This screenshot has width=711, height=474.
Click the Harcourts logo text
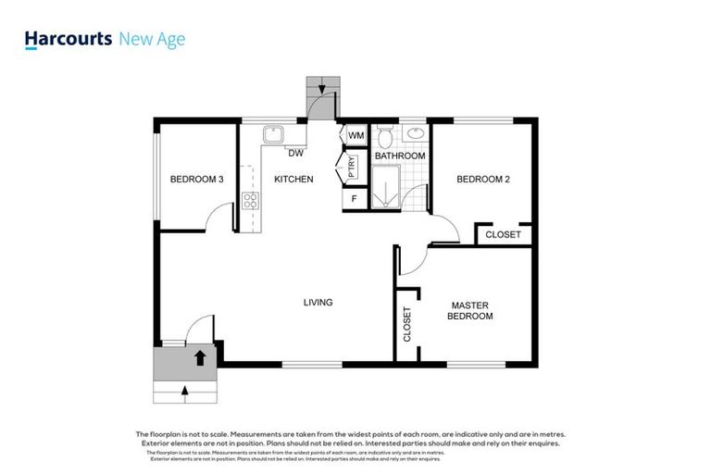69,39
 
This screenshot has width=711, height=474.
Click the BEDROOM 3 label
197,180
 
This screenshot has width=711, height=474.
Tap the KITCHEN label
293,180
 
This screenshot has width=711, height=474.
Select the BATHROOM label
400,156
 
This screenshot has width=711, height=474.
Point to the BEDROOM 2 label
483,180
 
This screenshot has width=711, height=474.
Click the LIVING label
318,303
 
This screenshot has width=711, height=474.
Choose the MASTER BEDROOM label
470,310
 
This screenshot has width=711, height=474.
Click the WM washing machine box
355,136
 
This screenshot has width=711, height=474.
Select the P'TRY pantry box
353,167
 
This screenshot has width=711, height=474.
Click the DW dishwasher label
296,153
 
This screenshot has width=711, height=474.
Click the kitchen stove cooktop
249,199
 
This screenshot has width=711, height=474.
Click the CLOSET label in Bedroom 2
504,235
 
